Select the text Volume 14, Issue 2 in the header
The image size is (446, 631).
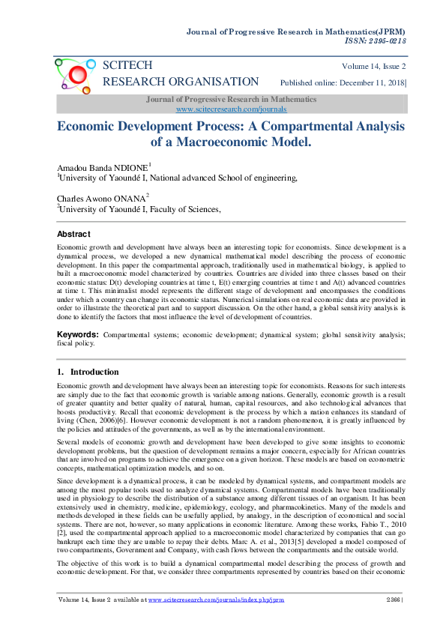(373, 66)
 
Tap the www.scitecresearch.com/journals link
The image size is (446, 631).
(223, 109)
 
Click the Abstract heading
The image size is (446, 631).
(74, 235)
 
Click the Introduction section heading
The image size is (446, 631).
(94, 372)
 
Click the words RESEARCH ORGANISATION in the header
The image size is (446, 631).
(181, 82)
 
